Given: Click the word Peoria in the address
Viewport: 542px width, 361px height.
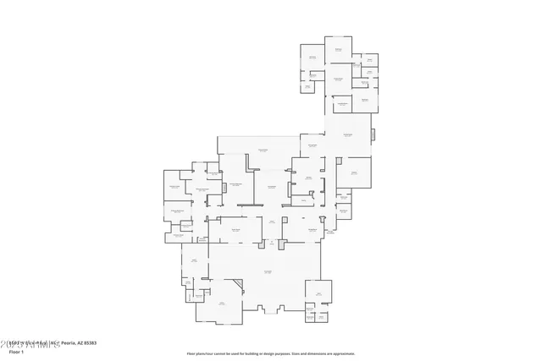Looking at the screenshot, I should click(66, 343).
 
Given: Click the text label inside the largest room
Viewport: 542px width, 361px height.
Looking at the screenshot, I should click(267, 271).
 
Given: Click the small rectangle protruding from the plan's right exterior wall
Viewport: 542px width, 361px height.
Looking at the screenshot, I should click(373, 134).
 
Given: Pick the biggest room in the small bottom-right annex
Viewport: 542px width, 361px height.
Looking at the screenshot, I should click(319, 294).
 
